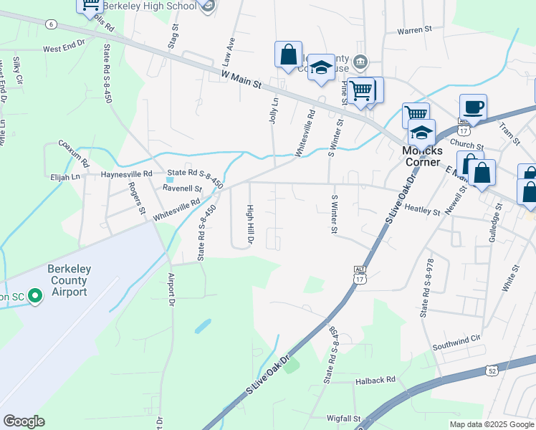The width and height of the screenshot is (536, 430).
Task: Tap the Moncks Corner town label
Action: pyautogui.click(x=421, y=156)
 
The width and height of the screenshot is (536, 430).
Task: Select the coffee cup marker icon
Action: pyautogui.click(x=473, y=107)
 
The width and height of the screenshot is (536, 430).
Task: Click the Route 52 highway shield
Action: pyautogui.click(x=491, y=371)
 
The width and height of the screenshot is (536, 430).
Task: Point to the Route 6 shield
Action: pyautogui.click(x=50, y=24)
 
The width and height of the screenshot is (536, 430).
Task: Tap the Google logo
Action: pyautogui.click(x=24, y=421)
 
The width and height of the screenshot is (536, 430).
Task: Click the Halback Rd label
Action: pyautogui.click(x=375, y=380)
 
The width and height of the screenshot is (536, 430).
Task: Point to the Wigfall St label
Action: pyautogui.click(x=344, y=418)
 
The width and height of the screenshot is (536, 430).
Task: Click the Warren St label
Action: pyautogui.click(x=416, y=30)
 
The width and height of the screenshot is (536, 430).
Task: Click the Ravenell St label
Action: pyautogui.click(x=182, y=188)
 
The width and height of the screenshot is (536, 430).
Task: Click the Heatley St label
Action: pyautogui.click(x=421, y=211)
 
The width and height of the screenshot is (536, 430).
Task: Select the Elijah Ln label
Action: pyautogui.click(x=65, y=177)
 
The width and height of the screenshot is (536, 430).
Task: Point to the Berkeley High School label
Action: pyautogui.click(x=149, y=6)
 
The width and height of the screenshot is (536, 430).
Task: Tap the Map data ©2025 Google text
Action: pyautogui.click(x=492, y=424)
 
